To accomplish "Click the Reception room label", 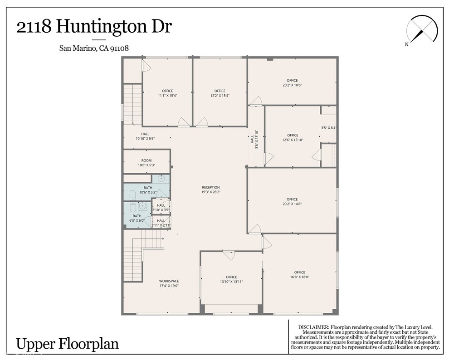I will point(211,190).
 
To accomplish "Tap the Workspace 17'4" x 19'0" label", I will point(169,283).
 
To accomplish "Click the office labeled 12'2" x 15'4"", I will point(220,93).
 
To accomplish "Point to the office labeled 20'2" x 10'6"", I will point(292,83).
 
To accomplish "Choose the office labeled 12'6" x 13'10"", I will point(293,138).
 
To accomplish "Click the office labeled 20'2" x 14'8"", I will point(292,202).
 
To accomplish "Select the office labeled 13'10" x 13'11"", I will point(231,279).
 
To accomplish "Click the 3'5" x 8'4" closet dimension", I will point(329,128).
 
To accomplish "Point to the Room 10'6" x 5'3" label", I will point(146,163).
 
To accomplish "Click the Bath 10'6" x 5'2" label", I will point(148,190).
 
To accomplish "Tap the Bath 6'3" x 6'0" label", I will point(137,218).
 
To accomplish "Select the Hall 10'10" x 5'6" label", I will point(145,136).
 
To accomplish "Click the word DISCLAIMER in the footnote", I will point(313,327).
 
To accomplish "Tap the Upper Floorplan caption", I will point(67,343).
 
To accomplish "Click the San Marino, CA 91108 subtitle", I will point(94,49).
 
